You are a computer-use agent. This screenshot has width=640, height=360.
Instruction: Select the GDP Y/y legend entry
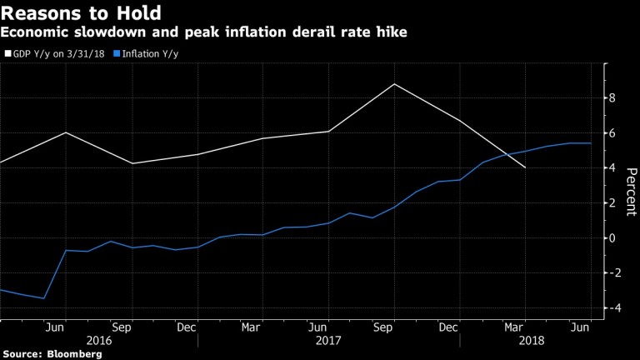52,52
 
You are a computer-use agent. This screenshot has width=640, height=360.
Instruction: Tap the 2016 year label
97,341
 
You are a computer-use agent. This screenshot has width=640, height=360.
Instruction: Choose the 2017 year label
327,341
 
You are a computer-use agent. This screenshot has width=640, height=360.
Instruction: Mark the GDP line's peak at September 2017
393,84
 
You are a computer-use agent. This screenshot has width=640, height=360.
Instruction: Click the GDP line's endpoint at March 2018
525,167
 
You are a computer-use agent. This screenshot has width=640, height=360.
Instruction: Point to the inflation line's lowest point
43,298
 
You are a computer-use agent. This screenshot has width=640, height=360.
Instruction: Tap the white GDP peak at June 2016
66,132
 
